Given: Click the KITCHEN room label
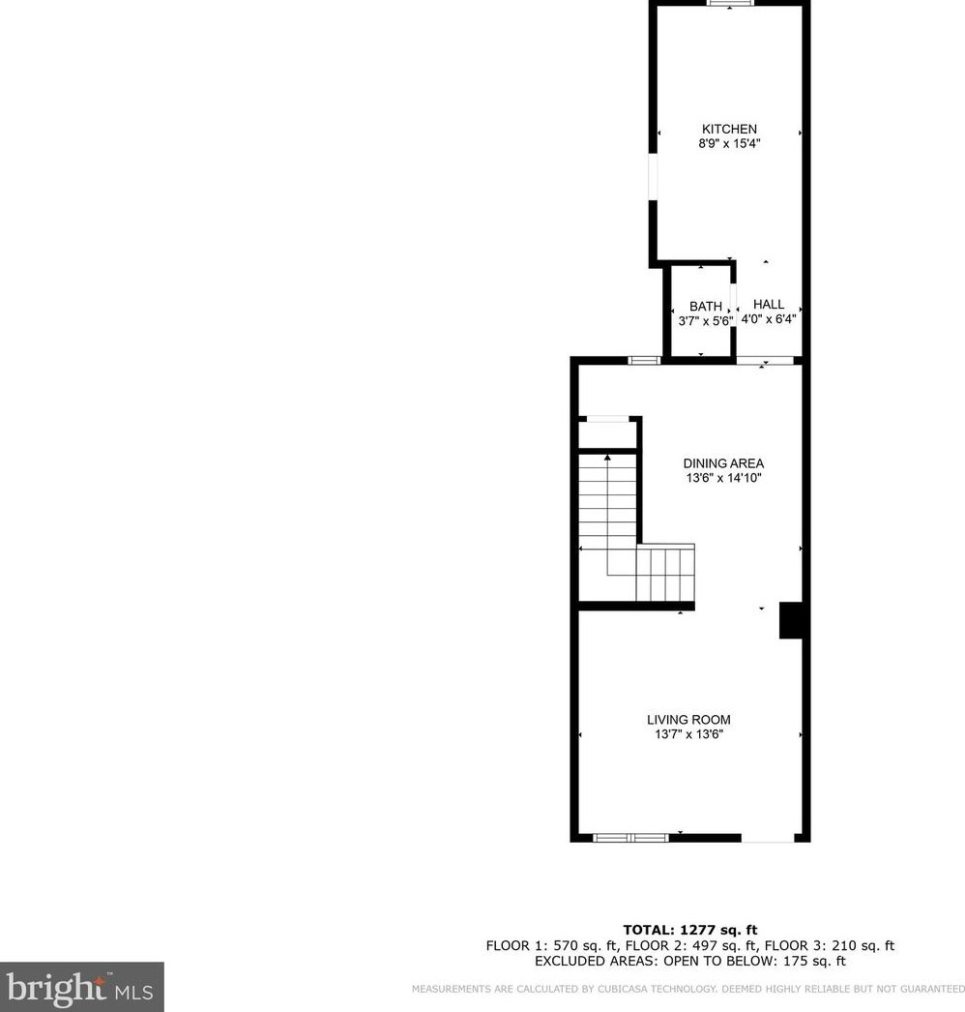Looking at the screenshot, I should [x=729, y=129].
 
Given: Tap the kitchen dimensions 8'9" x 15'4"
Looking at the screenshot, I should [x=729, y=144].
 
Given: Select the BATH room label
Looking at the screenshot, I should [x=705, y=306].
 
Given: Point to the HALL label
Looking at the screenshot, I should [x=769, y=304].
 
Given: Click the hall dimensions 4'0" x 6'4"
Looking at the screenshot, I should [x=768, y=318].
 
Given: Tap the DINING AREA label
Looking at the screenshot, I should [x=723, y=463].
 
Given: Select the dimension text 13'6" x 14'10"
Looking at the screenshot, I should [x=723, y=478].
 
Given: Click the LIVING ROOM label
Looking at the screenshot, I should [x=688, y=720].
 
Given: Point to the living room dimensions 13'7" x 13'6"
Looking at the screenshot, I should [x=688, y=734].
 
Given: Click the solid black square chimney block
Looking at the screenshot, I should [x=793, y=620].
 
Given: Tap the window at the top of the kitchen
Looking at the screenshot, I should [x=730, y=4].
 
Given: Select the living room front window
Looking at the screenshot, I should [x=630, y=837].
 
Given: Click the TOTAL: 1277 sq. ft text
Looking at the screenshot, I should [x=689, y=931].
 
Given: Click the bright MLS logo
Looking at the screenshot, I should [x=81, y=988].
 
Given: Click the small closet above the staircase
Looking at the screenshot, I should [x=607, y=433].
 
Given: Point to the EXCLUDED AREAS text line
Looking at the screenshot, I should [x=689, y=962].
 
